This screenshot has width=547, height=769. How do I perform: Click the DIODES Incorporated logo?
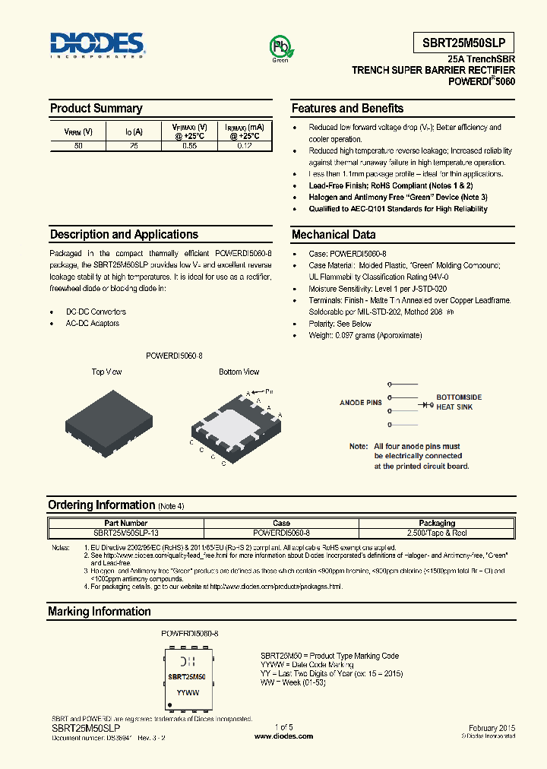click(97, 45)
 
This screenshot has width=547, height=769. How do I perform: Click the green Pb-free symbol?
click(279, 47)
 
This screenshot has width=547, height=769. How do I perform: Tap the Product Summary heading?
click(96, 109)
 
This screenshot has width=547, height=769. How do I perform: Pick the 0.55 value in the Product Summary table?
click(189, 145)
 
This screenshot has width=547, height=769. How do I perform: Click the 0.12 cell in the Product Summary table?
click(245, 145)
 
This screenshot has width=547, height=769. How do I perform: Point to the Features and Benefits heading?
click(347, 109)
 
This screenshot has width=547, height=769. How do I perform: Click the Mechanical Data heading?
click(334, 235)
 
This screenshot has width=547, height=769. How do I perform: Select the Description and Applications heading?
click(124, 235)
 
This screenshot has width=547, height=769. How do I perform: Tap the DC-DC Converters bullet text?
click(96, 312)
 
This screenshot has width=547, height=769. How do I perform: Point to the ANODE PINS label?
click(360, 403)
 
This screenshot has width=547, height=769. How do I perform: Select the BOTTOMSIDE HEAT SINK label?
click(458, 402)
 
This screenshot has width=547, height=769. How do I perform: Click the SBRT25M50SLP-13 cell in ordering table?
click(126, 532)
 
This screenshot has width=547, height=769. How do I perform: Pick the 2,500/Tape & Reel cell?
click(437, 532)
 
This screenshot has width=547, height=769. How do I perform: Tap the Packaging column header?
click(437, 523)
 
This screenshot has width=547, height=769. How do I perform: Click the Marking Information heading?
click(99, 612)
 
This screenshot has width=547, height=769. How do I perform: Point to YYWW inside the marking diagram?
click(188, 693)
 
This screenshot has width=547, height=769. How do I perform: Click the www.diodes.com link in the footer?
click(282, 736)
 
